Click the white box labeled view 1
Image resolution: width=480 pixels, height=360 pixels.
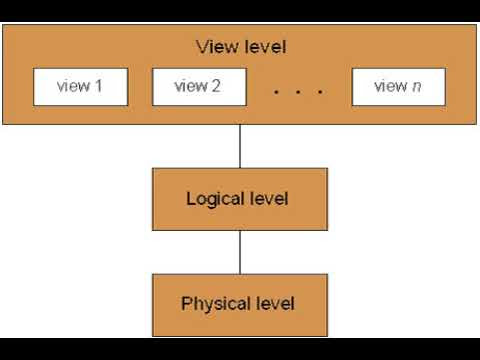81,87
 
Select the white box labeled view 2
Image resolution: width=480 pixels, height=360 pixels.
199,87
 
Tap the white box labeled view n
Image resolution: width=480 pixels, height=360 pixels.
398,87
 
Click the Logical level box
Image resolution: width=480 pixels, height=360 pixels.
238,199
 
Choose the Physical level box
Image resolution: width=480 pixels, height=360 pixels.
238,302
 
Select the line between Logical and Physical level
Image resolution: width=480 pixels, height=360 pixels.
239,250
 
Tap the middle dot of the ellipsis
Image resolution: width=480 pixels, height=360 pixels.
298,92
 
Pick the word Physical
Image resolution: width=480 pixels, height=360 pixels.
212,302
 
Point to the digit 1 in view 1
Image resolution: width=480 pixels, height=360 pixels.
99,86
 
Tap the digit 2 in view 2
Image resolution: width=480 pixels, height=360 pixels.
216,86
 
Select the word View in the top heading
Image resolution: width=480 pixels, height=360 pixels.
215,47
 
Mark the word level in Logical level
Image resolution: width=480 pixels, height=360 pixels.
267,199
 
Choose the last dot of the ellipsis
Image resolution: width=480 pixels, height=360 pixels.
320,92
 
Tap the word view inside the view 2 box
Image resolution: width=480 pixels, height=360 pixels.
191,86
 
